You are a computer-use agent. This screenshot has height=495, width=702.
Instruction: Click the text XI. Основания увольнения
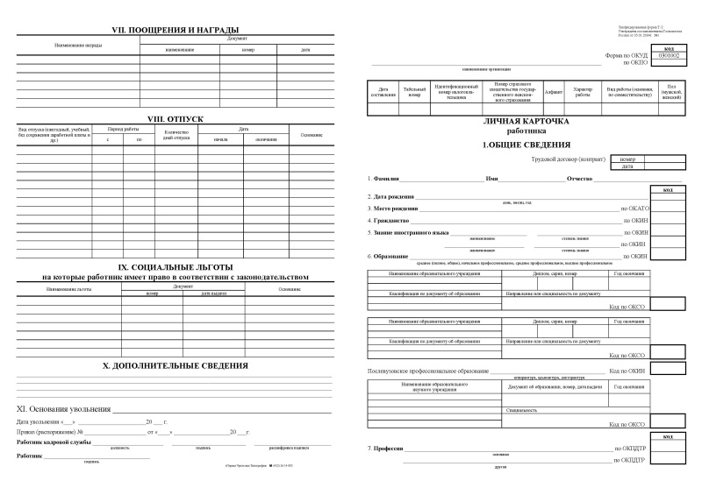[x=64, y=409]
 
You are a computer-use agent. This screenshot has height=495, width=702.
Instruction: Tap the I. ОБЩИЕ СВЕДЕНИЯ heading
[x=526, y=144]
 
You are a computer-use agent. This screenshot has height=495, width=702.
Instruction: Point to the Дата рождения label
[x=391, y=196]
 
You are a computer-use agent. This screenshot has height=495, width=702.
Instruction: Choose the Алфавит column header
[x=553, y=90]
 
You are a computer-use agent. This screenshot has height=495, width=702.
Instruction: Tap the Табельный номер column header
[x=415, y=90]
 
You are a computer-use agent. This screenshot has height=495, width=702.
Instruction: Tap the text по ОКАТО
[x=634, y=209]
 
